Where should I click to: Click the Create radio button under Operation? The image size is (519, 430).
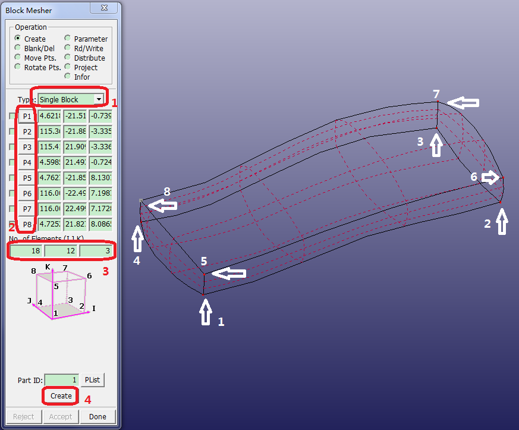(x=18, y=39)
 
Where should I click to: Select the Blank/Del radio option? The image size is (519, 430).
(x=18, y=48)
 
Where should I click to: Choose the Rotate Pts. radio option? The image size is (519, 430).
(x=18, y=67)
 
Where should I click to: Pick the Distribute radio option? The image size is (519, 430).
(x=68, y=58)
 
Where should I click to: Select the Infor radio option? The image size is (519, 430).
(x=68, y=77)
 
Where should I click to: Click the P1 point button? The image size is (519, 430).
(x=27, y=116)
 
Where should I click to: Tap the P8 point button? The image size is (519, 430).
(x=27, y=224)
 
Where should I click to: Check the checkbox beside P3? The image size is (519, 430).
(x=12, y=147)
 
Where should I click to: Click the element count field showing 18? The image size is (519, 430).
(x=26, y=252)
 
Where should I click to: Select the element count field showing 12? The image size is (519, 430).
(x=61, y=252)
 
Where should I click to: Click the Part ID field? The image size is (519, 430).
(x=61, y=379)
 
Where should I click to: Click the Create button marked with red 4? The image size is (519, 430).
(x=61, y=396)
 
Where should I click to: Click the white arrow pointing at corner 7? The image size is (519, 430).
(x=463, y=103)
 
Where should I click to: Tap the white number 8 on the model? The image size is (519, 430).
(x=167, y=192)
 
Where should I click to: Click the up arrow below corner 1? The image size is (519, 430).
(x=206, y=312)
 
